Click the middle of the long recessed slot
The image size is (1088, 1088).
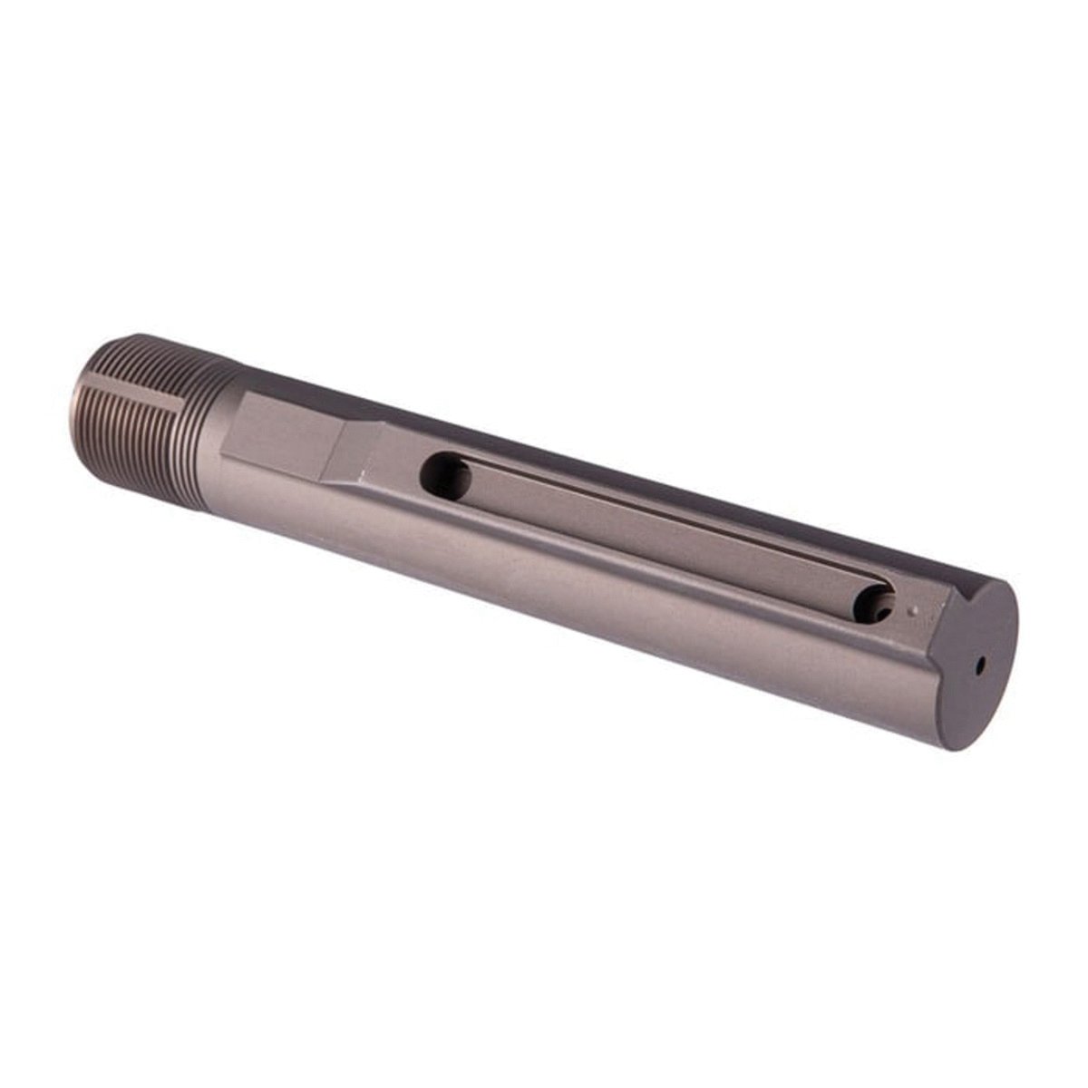662,535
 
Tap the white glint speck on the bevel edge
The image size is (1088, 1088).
364,474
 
